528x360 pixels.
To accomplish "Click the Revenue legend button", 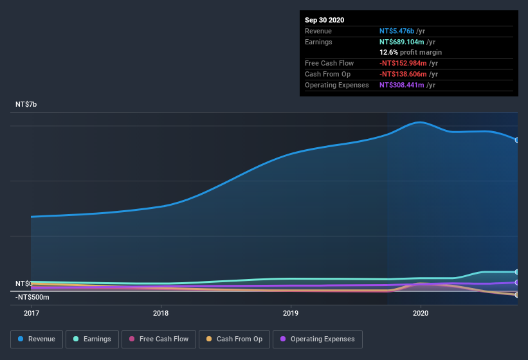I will click(x=37, y=339).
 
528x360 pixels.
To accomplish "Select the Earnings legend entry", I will click(x=91, y=339).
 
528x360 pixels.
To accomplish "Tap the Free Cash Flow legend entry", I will click(x=158, y=339).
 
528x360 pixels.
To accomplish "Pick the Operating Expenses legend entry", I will click(x=317, y=339).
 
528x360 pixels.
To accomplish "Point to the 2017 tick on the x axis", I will click(x=32, y=313).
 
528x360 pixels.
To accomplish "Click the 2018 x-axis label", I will click(x=161, y=313).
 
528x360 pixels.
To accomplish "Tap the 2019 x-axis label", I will click(x=291, y=313).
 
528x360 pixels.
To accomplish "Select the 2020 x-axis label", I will click(x=421, y=313).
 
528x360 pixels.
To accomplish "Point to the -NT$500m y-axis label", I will click(x=32, y=297).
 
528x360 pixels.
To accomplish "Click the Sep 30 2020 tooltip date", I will click(x=324, y=20).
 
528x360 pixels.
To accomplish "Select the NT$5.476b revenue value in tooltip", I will click(x=397, y=31).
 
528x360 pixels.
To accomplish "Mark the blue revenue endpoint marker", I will click(x=517, y=139).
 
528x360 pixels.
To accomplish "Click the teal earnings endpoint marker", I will click(x=517, y=272).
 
